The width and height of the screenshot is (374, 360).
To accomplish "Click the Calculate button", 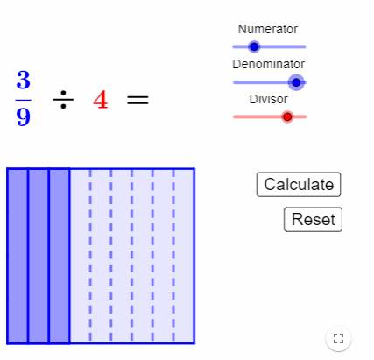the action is coord(299,185).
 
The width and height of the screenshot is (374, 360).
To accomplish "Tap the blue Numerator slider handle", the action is coord(254,46).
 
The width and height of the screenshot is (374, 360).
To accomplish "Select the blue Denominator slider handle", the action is coord(296,82).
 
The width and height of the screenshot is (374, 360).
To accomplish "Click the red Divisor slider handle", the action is coord(287,116).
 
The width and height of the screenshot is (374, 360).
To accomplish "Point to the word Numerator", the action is coord(268,29).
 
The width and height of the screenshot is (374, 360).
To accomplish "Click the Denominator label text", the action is coord(268,64).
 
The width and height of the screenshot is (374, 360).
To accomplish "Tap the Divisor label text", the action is coord(268,99).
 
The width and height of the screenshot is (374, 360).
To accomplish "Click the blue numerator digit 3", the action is coord(24,80).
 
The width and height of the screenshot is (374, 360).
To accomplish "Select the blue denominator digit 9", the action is coord(24,117).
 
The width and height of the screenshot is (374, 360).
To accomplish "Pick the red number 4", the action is coord(101,100).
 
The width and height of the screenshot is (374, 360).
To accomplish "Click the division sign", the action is coord(63,100).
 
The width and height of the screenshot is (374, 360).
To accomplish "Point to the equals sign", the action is coord(138,100).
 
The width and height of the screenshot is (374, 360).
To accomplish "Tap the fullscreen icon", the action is coord(338,339).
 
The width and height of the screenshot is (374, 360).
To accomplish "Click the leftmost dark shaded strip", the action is coord(18,256).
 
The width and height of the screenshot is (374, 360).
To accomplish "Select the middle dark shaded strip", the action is coord(39,256).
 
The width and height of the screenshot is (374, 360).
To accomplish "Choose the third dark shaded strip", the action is coord(60,256).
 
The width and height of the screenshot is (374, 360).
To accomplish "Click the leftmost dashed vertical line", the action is coord(90,256).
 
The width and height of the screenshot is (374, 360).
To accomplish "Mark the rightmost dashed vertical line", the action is coord(173,256).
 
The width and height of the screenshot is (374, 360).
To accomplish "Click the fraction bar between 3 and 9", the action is coord(24,100).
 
